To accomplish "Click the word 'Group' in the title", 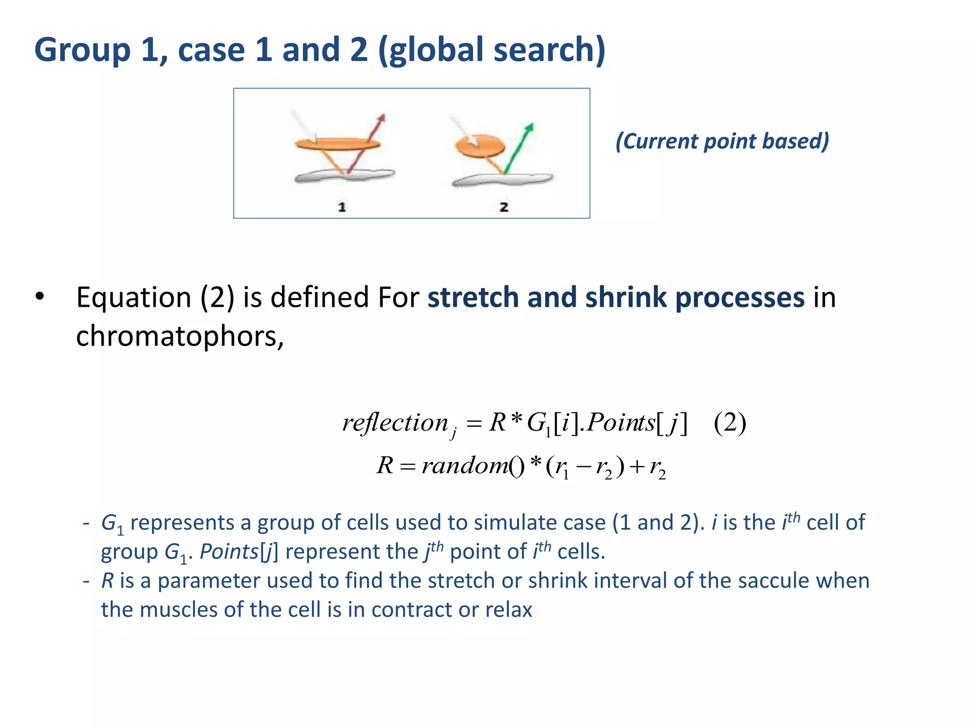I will pos(82,50).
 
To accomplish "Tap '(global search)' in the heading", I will pos(492,50).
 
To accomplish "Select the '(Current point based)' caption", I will pos(722,141).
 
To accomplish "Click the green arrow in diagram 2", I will pos(519,147).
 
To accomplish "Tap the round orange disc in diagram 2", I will pos(480,145).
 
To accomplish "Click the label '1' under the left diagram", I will pos(342,207).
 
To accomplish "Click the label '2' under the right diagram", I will pos(504,207).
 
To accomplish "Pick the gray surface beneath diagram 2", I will pos(502,180).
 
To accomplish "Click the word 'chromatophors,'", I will pos(180,337).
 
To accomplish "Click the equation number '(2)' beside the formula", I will pos(730,422).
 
